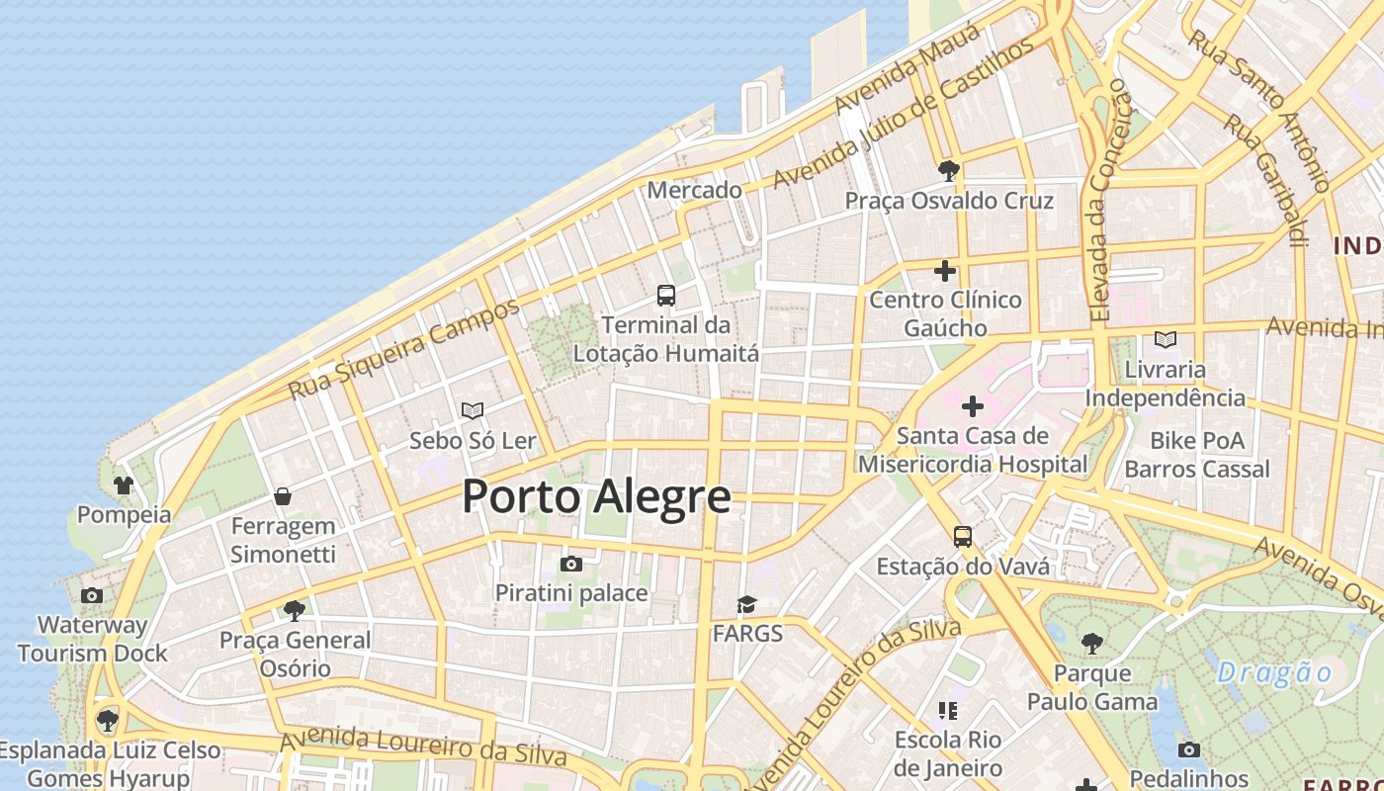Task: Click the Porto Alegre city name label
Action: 596,496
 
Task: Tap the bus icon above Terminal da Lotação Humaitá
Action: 666,295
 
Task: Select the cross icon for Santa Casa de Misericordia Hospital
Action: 973,405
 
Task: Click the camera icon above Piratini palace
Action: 570,565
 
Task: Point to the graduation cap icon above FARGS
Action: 746,604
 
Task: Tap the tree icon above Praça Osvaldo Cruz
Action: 949,171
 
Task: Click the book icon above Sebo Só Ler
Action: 473,410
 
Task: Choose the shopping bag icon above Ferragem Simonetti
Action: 283,496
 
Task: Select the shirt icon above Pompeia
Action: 124,485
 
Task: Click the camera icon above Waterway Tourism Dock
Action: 92,595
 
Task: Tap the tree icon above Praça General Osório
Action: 294,610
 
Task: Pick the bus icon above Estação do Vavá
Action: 963,537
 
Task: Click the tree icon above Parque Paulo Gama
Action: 1092,644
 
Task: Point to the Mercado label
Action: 694,190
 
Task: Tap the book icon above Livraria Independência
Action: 1166,340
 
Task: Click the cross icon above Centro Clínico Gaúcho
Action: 945,270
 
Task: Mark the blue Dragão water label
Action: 1274,673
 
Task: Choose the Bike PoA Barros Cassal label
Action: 1197,454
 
